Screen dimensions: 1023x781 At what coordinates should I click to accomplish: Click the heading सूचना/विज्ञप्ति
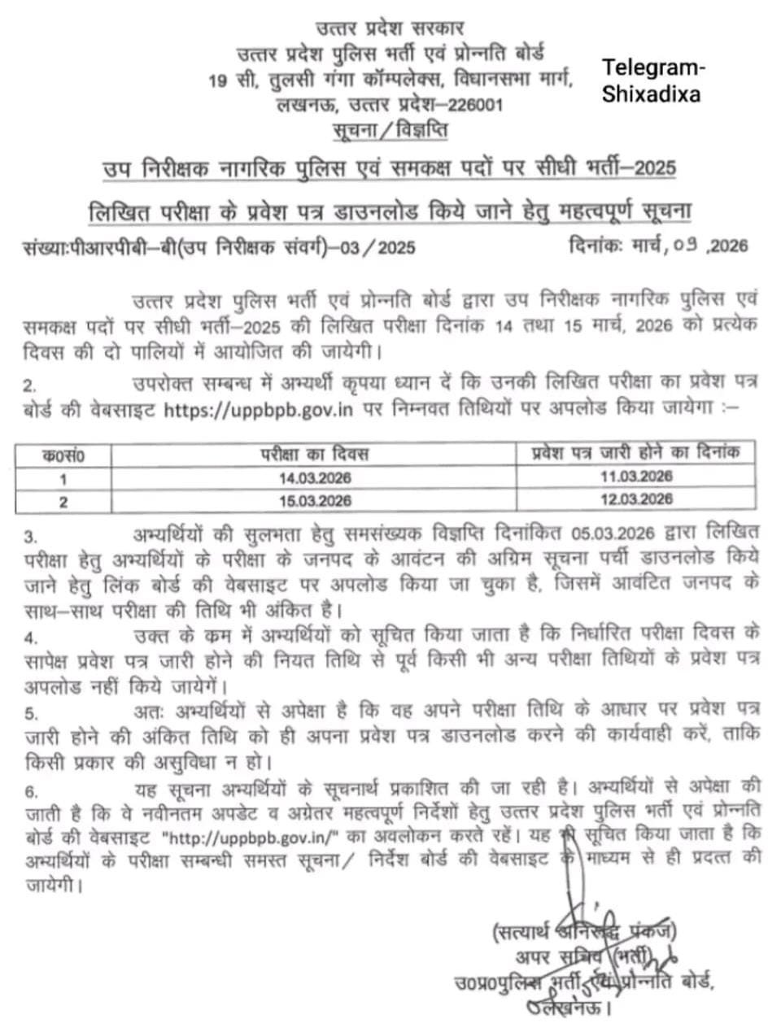390,131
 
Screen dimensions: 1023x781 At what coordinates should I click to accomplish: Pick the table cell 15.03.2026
315,500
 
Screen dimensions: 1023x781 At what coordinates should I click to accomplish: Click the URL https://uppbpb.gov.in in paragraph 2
259,409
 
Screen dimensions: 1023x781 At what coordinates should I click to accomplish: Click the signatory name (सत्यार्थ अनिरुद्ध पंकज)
583,929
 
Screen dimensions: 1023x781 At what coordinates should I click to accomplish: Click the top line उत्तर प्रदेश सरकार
390,33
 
